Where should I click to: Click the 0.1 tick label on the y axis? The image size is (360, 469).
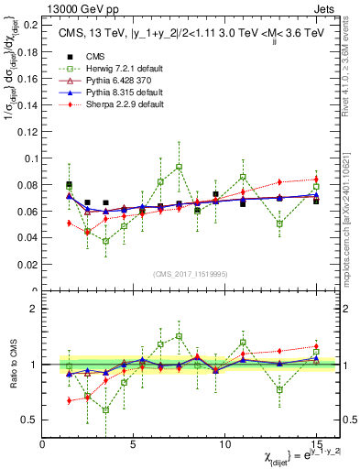(29, 158)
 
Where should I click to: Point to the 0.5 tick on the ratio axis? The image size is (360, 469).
(29, 420)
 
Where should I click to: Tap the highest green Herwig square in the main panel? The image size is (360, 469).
(179, 167)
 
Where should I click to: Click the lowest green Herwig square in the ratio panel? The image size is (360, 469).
(105, 409)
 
